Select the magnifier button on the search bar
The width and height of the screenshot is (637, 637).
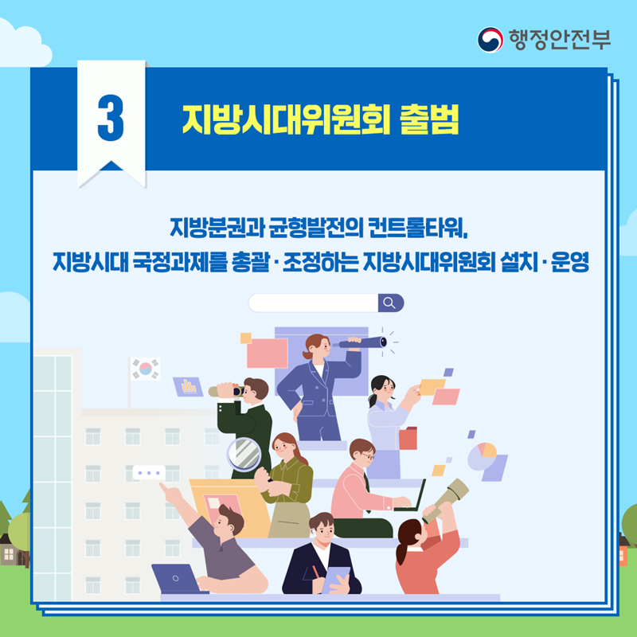[x=389, y=303]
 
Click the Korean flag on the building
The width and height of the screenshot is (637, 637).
[x=146, y=369]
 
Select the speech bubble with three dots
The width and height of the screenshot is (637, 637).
[x=148, y=473]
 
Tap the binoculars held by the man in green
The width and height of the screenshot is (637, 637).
[x=227, y=391]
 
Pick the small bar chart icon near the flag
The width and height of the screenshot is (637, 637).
[x=189, y=387]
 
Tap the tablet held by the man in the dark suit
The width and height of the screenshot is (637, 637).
[x=336, y=576]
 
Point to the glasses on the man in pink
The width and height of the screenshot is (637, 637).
[x=367, y=456]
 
